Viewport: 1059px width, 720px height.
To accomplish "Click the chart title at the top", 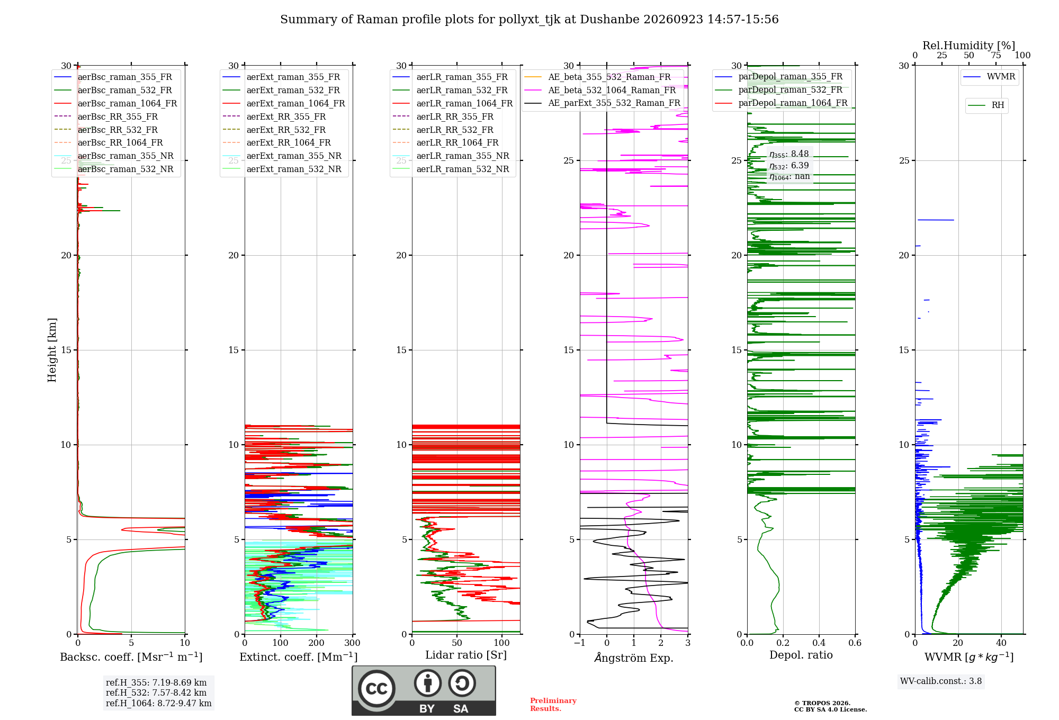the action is coord(529,20).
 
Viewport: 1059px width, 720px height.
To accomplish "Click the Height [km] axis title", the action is coord(52,350).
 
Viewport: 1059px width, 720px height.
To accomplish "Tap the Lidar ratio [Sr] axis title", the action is coord(466,655).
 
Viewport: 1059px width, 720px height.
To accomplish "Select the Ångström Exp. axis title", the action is coord(634,658).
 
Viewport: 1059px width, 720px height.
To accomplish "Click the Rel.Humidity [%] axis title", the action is coord(969,46).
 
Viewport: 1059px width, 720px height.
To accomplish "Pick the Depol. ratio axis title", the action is coord(801,655).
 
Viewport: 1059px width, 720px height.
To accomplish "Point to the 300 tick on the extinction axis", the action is coord(353,643).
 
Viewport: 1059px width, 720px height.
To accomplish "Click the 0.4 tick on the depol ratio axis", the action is coord(819,643).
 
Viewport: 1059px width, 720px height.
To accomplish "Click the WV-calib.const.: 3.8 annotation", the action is coord(941,681).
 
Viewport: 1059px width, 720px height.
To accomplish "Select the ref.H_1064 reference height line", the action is coord(159,703).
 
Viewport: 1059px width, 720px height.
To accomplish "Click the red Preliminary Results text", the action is coord(553,705).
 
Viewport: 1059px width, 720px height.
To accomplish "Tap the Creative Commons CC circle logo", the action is coord(376,688).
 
